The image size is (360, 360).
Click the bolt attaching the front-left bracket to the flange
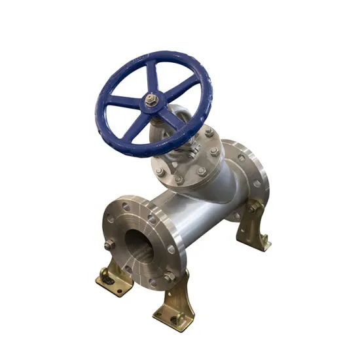[110, 245]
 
